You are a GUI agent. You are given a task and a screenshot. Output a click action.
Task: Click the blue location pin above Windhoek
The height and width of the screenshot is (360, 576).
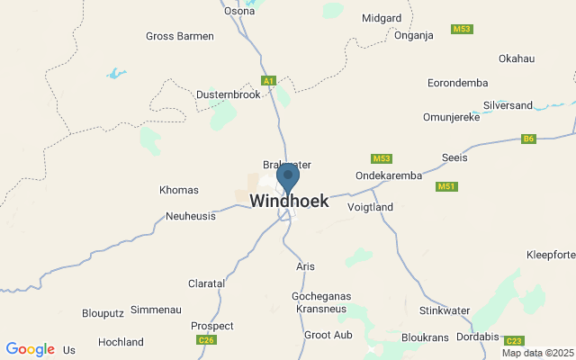pyautogui.click(x=288, y=177)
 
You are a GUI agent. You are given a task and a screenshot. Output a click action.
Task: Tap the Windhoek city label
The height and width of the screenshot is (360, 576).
pyautogui.click(x=289, y=202)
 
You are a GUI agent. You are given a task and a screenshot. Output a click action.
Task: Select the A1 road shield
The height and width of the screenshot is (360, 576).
pyautogui.click(x=268, y=81)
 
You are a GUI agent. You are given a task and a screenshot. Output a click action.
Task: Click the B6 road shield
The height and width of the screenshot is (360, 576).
pyautogui.click(x=529, y=139)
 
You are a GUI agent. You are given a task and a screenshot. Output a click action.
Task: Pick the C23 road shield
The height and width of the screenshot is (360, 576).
pyautogui.click(x=513, y=341)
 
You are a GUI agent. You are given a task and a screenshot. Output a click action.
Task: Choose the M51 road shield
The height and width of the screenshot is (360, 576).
pyautogui.click(x=445, y=186)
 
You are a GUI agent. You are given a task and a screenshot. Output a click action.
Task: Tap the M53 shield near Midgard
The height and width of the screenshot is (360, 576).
pyautogui.click(x=463, y=30)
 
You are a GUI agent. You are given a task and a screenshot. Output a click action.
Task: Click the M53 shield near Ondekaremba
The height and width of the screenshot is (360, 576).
pyautogui.click(x=382, y=158)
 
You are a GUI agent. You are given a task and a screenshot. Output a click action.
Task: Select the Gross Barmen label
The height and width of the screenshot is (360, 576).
pyautogui.click(x=180, y=36)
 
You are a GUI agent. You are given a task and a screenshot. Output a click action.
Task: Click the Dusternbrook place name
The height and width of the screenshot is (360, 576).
pyautogui.click(x=228, y=94)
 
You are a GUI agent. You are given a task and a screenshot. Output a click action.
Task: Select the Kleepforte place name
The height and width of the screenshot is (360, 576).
pyautogui.click(x=550, y=255)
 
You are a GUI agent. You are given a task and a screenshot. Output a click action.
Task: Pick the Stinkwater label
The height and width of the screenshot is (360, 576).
pyautogui.click(x=445, y=310)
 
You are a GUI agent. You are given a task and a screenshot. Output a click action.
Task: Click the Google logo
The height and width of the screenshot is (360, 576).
pyautogui.click(x=30, y=349)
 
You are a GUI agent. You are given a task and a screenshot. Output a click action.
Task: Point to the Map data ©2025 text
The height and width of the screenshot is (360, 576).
pyautogui.click(x=537, y=353)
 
